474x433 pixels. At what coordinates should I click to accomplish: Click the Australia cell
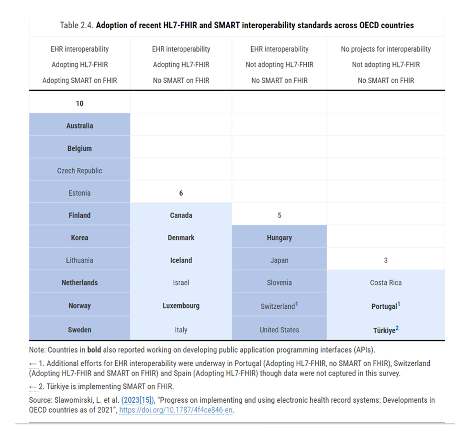click(x=80, y=126)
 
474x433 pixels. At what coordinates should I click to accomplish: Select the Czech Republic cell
click(x=80, y=171)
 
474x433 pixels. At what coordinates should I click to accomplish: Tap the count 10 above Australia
click(x=80, y=103)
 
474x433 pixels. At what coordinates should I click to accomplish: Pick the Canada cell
click(x=181, y=215)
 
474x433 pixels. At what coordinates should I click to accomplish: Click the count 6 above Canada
click(x=181, y=193)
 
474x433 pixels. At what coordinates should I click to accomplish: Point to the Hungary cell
click(x=279, y=238)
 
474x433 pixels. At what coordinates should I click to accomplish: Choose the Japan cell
click(x=279, y=260)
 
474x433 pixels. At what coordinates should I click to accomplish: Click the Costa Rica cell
click(x=385, y=283)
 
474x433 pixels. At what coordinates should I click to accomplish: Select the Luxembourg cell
click(x=181, y=305)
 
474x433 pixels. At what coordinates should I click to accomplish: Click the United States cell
click(x=279, y=330)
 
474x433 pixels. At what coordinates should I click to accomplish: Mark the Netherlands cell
click(x=80, y=283)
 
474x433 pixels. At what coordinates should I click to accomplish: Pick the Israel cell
click(x=181, y=283)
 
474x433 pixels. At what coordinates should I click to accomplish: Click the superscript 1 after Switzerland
click(x=296, y=304)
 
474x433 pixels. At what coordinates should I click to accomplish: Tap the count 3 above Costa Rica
click(x=385, y=260)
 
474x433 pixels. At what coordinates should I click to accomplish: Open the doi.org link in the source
click(x=176, y=410)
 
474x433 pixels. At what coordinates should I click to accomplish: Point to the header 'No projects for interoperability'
click(x=385, y=49)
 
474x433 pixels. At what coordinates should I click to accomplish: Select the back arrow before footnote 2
click(x=33, y=387)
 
